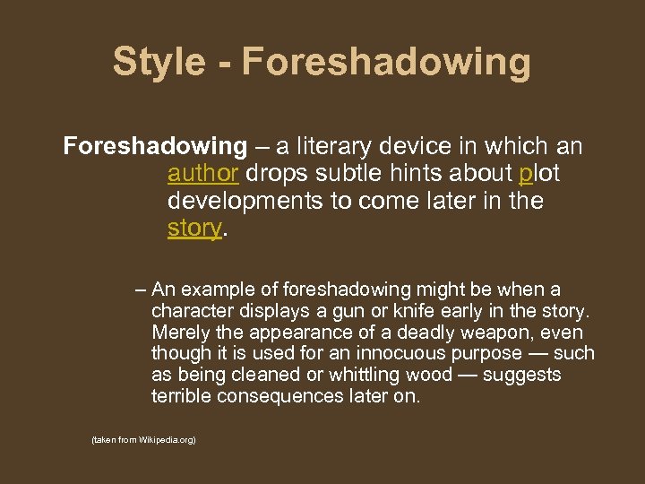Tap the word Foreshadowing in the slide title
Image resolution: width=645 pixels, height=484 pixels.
click(386, 63)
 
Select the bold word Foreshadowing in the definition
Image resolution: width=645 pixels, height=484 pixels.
click(155, 145)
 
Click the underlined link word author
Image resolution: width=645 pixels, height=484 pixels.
click(202, 173)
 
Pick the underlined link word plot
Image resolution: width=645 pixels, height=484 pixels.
click(539, 173)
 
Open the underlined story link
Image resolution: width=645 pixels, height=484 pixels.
click(193, 228)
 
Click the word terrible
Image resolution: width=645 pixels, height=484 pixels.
click(182, 396)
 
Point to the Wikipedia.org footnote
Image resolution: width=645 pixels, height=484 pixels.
click(143, 441)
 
